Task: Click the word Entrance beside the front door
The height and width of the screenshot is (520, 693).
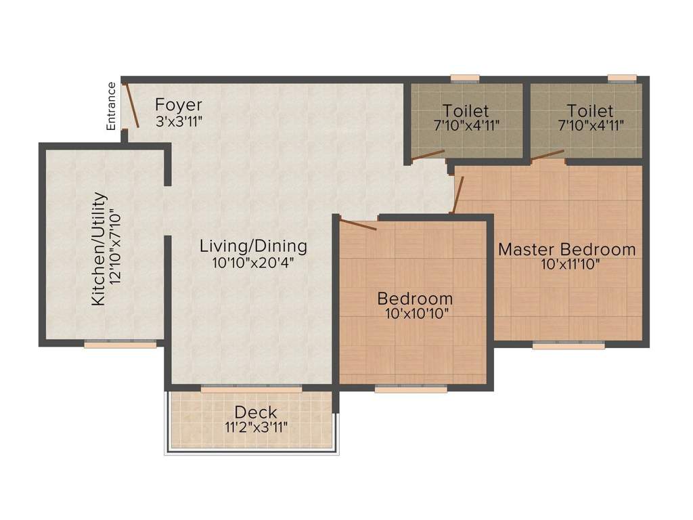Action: (x=112, y=106)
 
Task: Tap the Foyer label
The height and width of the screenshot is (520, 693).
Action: (x=179, y=105)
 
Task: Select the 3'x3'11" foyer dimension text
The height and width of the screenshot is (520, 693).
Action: (x=179, y=121)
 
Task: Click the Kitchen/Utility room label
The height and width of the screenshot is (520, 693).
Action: (x=99, y=248)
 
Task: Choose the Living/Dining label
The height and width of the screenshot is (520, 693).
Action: (x=253, y=246)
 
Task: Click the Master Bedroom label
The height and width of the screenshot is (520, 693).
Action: (x=567, y=249)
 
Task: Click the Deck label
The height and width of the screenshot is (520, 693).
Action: (x=256, y=412)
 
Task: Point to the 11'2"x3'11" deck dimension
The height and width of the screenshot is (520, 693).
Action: (x=256, y=427)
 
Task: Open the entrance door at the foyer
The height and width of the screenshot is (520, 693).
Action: (x=131, y=105)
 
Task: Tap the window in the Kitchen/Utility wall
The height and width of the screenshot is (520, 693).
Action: (x=120, y=344)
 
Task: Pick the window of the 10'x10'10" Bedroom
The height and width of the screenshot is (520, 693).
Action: (x=411, y=389)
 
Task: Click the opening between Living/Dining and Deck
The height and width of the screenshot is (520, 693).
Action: (x=252, y=389)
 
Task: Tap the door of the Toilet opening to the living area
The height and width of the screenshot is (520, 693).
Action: (x=428, y=155)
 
